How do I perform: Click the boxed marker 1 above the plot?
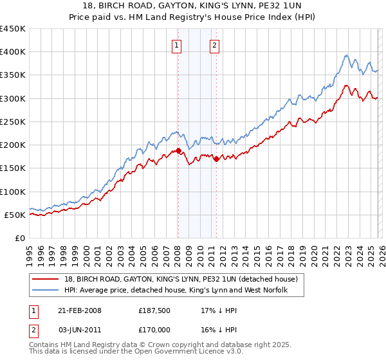click(176, 45)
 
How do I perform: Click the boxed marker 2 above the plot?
click(214, 45)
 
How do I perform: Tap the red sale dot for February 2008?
click(179, 151)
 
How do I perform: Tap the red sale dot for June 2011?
click(216, 159)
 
